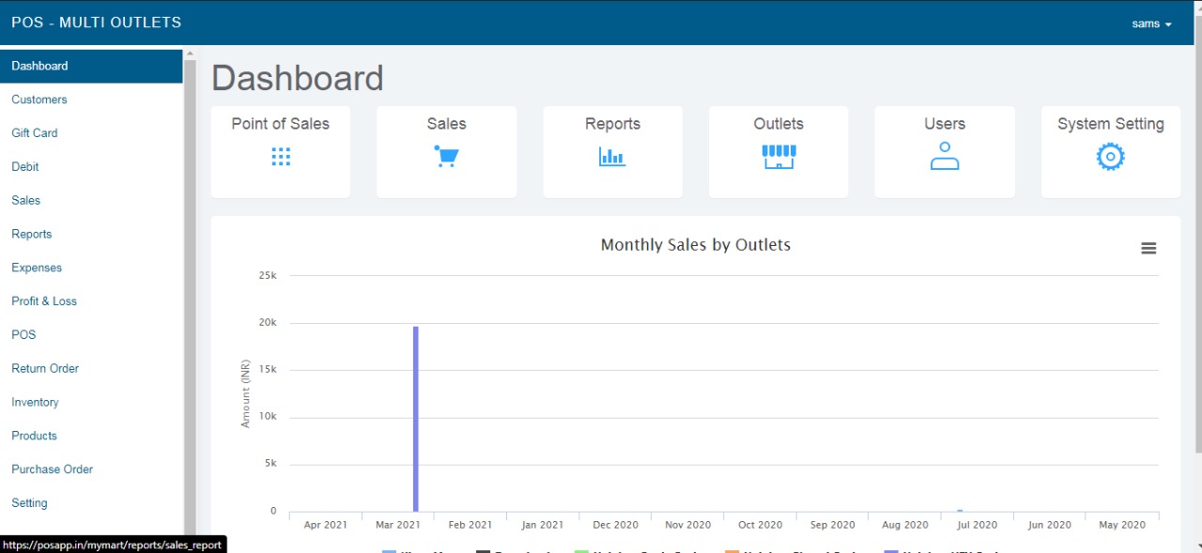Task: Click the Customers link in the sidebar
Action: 39,100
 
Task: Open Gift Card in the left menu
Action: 35,133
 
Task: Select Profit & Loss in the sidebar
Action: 44,301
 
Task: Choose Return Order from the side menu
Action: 45,368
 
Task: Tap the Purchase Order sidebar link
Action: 52,469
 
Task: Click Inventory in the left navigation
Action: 35,402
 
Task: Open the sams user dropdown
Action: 1151,23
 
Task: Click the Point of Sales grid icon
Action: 281,157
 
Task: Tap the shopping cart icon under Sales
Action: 446,157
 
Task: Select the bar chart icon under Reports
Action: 612,157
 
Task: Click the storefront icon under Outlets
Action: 778,157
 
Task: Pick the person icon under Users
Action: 944,157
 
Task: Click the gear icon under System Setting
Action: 1110,157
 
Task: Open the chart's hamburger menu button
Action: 1148,248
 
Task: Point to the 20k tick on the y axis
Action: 269,323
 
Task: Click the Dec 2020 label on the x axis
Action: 615,525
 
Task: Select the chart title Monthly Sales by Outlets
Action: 695,245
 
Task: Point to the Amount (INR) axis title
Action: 246,393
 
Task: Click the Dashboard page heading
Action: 297,78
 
